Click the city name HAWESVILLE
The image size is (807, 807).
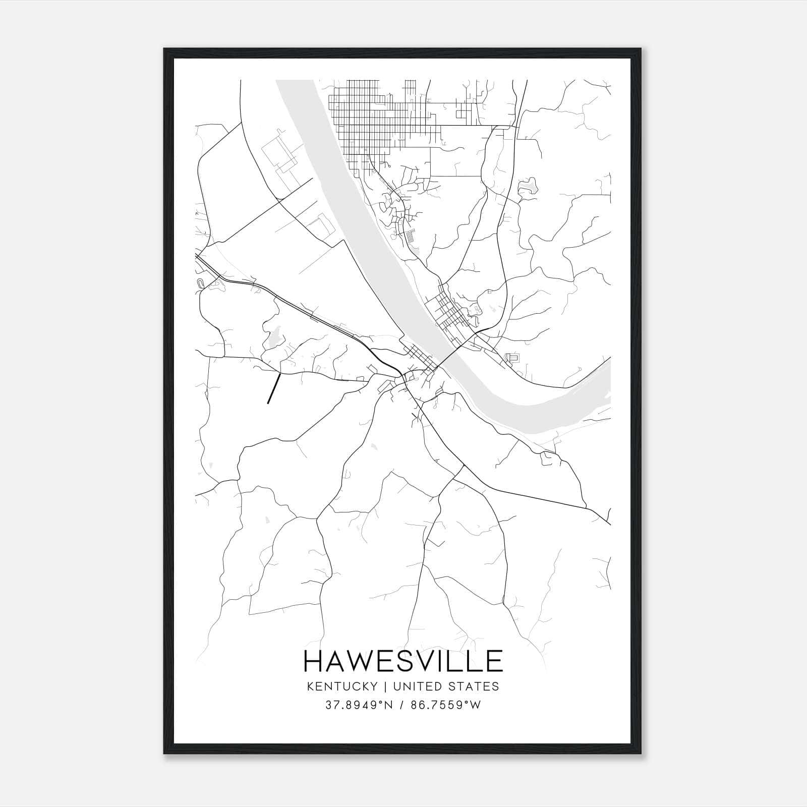click(403, 661)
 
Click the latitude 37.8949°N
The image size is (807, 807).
click(359, 705)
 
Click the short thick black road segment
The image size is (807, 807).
click(273, 388)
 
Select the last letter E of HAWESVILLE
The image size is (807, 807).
click(494, 661)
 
